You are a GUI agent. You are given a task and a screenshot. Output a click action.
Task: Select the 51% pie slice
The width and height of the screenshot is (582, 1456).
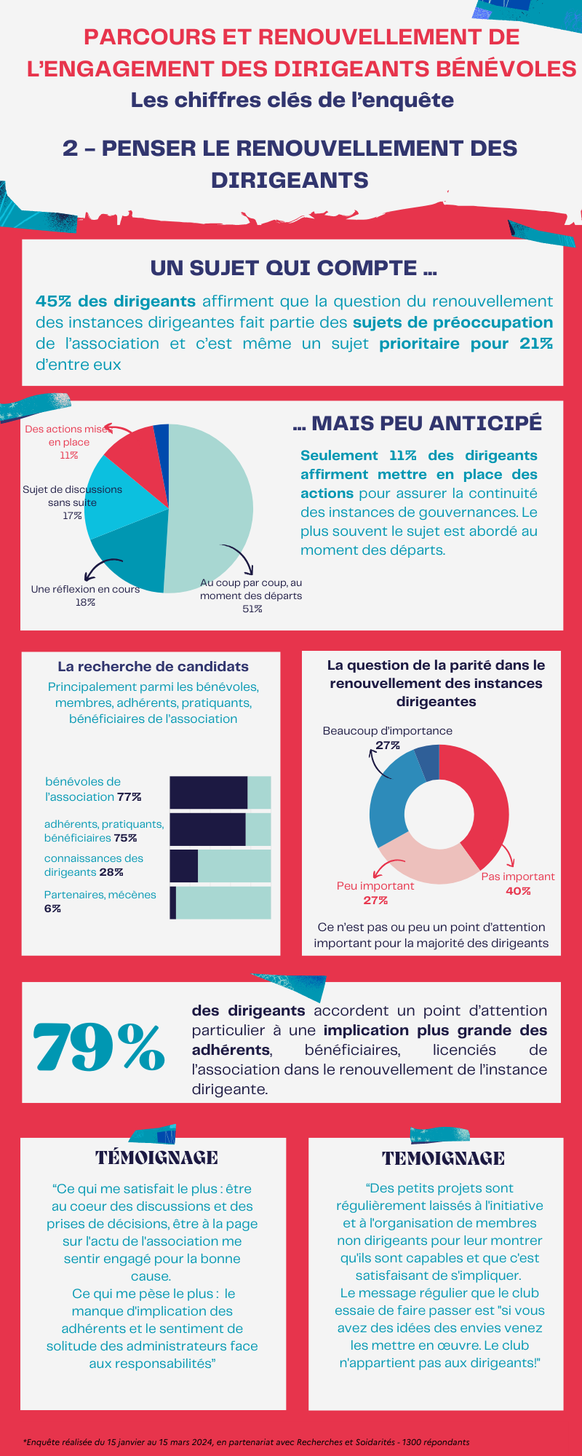211,502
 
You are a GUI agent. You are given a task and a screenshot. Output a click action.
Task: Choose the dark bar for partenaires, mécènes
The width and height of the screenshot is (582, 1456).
173,903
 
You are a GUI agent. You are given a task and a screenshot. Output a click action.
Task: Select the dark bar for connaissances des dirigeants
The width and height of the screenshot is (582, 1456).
184,866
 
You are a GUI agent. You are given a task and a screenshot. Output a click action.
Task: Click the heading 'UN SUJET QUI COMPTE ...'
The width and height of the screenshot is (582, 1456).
293,268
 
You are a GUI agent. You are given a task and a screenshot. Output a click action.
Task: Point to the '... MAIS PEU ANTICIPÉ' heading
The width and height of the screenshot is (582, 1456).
418,423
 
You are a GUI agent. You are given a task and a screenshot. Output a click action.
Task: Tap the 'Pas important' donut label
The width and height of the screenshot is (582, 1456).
517,877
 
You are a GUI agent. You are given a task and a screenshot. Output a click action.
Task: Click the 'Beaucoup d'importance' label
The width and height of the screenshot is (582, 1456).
387,731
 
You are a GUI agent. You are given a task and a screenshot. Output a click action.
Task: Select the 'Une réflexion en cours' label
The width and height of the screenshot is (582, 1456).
85,589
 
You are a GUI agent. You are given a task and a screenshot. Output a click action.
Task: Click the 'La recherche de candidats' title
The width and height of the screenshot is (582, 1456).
153,666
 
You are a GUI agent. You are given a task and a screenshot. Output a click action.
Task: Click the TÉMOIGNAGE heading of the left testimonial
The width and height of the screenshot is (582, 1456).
156,1158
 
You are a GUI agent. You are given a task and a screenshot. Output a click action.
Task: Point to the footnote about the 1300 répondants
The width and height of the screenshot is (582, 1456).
247,1442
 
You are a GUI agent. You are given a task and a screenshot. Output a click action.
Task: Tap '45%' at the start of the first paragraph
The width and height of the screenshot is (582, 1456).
53,301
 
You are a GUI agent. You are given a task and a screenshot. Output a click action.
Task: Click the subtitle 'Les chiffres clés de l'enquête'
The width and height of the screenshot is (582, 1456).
292,100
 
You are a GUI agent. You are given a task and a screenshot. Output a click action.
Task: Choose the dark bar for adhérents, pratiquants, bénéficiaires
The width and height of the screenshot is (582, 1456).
208,829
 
